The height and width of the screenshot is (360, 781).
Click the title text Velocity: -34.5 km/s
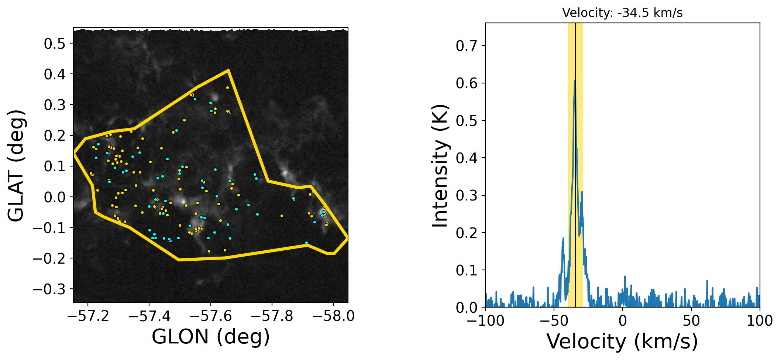pos(622,13)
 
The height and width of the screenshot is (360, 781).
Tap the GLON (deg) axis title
pos(211,337)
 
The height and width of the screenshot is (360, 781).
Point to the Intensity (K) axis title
pos(440,165)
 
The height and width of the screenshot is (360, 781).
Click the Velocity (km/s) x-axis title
pos(622,341)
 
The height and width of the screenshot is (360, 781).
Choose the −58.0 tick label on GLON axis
pos(333,316)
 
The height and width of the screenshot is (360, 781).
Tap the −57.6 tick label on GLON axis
pos(211,316)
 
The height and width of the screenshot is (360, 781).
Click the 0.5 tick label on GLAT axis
pos(55,44)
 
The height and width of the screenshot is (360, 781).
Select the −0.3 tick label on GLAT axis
pos(49,289)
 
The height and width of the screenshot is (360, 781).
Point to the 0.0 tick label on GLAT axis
pos(55,197)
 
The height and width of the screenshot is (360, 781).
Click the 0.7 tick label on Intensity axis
pos(466,46)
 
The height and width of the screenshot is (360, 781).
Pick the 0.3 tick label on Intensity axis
pos(466,195)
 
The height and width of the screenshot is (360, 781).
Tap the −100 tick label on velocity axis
pos(485,320)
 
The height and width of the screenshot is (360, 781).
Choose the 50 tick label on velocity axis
pos(691,320)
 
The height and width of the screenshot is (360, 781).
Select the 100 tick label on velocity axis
pos(760,320)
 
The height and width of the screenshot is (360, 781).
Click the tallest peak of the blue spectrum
pos(575,80)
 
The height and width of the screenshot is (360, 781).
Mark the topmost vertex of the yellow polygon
pos(228,70)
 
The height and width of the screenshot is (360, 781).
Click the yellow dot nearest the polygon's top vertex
pos(227,88)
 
